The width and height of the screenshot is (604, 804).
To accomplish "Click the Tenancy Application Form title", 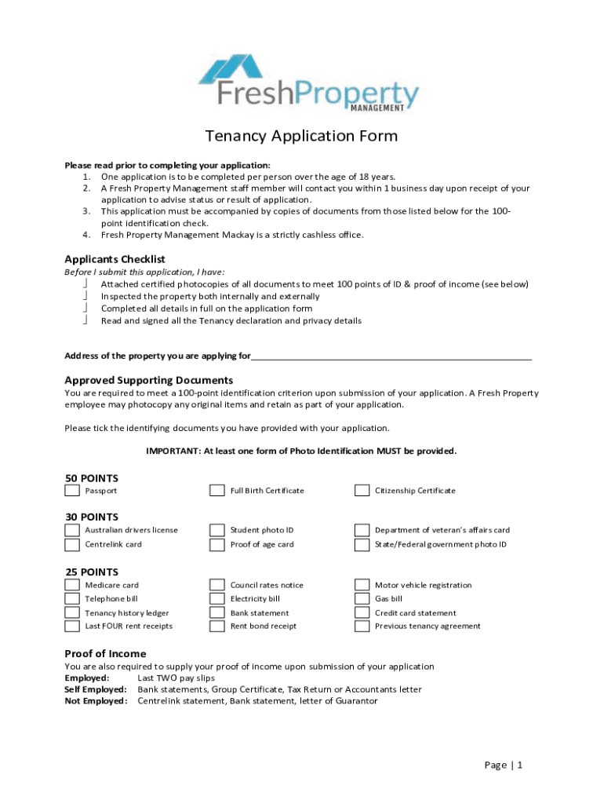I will point(301,137).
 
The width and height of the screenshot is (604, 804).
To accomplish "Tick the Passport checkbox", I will point(72,491).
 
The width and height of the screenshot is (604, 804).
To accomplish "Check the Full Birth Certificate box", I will point(216,491).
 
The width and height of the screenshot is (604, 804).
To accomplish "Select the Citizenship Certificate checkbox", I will point(362,491).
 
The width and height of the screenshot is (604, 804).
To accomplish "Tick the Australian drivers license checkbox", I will point(72,530).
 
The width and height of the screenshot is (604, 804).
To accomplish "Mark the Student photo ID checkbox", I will point(216,530).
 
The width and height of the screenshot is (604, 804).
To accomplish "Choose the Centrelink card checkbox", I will point(72,544).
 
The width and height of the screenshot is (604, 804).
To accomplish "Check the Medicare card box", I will point(72,585).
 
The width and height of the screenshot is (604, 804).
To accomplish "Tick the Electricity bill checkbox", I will point(216,599).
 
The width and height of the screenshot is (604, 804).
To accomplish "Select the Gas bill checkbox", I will point(362,599).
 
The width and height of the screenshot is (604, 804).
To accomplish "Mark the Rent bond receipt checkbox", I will point(216,626).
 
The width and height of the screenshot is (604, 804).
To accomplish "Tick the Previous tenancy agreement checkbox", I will point(362,626).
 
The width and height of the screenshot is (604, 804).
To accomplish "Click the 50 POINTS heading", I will point(91,477).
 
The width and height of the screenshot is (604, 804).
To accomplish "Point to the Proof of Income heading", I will point(105,654).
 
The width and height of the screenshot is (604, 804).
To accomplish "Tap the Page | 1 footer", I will point(503,766).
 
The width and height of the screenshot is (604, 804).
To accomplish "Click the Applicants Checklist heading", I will point(115,259).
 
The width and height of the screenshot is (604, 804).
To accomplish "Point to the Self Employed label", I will point(95,689).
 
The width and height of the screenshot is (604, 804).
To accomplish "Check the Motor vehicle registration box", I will point(362,585).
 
